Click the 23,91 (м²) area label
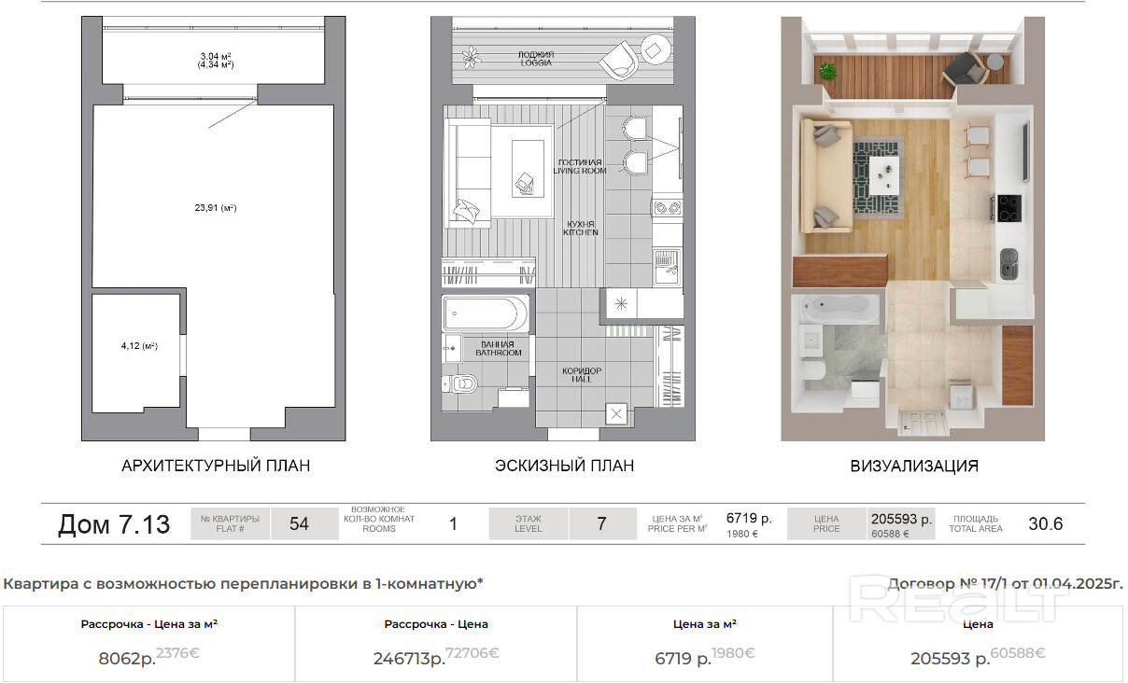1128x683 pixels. (216, 207)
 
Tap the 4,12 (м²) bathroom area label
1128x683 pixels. (139, 346)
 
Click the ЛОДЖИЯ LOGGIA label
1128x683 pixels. (536, 59)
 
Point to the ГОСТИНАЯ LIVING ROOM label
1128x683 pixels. (580, 167)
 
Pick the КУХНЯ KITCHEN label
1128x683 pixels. (581, 228)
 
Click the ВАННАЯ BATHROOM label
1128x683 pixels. (498, 348)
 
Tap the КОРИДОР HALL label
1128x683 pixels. (582, 374)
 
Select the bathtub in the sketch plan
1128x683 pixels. (486, 314)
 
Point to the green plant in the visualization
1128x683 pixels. (827, 71)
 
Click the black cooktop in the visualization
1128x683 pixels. (1008, 208)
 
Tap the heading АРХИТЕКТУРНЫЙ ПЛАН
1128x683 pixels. (216, 466)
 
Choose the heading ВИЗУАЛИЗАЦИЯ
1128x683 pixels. (914, 466)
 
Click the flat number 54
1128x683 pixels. (299, 524)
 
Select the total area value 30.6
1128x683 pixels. (1046, 524)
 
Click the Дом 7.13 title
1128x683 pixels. (114, 524)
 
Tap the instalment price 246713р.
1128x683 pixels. (409, 659)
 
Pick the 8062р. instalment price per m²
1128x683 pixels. (127, 659)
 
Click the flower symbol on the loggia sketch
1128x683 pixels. (472, 57)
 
